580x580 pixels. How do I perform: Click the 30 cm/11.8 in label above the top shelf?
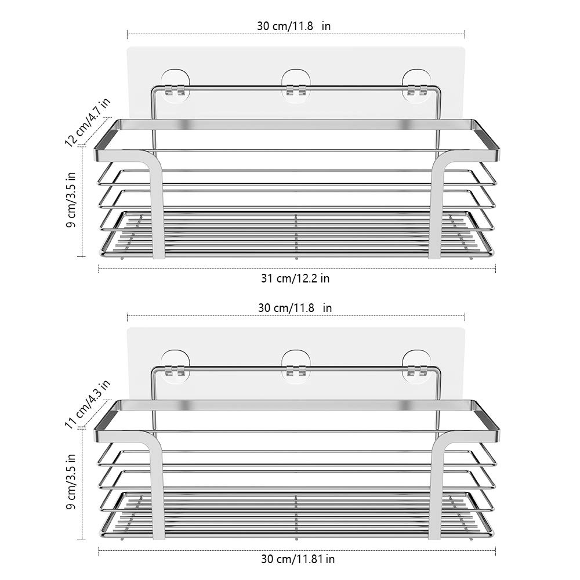coord(293,26)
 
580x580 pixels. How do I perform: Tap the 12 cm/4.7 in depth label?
coord(88,122)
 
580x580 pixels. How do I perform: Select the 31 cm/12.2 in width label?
coord(295,278)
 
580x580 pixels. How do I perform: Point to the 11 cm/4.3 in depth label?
coord(88,404)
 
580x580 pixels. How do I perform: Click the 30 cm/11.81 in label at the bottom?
coord(298,559)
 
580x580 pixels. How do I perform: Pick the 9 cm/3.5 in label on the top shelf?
coord(71,200)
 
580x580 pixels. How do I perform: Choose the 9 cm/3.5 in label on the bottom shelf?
coord(71,481)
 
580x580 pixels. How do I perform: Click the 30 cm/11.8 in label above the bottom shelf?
coord(295,308)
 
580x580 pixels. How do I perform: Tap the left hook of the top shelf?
coord(175,85)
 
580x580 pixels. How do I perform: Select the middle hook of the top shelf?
coord(296,85)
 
